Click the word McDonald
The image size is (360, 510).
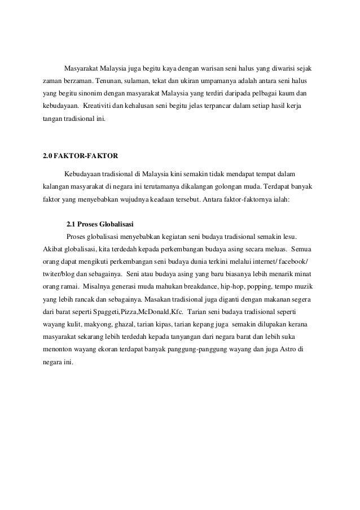[x=144, y=312]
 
